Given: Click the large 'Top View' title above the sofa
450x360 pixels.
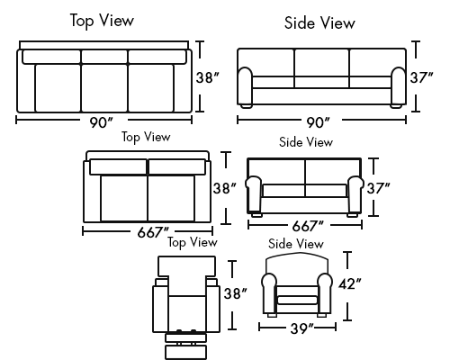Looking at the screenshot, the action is click(x=102, y=21).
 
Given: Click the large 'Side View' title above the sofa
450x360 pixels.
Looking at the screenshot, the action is click(x=319, y=22).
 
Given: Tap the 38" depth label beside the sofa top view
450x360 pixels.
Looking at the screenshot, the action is click(x=207, y=77).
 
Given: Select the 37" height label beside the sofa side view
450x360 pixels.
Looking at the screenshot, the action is click(x=421, y=77).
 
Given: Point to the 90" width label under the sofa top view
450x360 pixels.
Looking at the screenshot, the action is click(x=101, y=122).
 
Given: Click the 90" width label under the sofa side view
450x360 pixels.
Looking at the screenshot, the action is click(x=318, y=122).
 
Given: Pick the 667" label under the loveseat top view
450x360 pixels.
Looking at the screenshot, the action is click(x=153, y=232).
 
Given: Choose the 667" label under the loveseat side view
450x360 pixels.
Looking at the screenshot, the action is click(x=308, y=226).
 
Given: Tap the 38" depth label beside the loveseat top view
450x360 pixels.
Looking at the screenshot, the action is click(x=224, y=188).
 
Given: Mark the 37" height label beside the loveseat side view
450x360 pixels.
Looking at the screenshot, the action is click(x=378, y=188).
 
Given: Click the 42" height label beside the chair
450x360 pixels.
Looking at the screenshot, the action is click(x=350, y=283).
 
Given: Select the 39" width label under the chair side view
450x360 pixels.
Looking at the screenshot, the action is click(x=301, y=328).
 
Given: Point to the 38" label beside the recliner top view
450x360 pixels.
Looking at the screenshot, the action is click(x=236, y=293).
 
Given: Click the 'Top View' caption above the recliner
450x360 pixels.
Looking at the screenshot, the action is click(x=193, y=242).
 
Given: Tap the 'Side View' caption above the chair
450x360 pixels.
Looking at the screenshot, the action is click(x=296, y=244).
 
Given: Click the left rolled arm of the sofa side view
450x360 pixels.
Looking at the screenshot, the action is click(x=246, y=86).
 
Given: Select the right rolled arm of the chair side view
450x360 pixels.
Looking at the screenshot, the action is click(x=324, y=293).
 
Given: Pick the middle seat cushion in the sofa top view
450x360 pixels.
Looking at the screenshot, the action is click(x=104, y=88).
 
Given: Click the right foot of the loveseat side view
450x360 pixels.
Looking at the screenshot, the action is click(x=352, y=215).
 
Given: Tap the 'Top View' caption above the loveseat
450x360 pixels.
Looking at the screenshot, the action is click(x=146, y=137).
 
